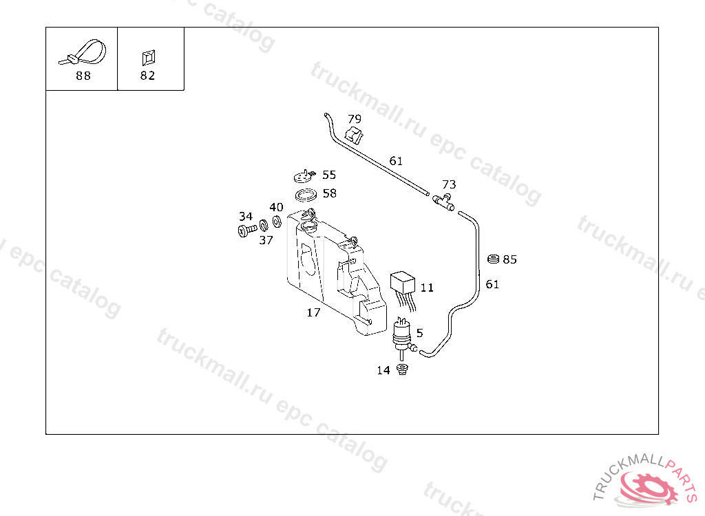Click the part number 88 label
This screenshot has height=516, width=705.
83,76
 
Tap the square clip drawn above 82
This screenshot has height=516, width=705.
148,56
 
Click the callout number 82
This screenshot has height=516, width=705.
147,76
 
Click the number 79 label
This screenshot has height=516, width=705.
354,118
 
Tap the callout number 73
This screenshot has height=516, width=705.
449,184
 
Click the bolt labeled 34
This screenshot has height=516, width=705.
246,230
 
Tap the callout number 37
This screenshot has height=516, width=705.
266,240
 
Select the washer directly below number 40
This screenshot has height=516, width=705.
277,221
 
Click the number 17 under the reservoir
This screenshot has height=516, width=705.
313,312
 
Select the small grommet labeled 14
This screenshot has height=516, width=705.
403,372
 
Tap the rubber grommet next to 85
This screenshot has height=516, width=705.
493,259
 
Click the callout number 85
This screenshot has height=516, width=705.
509,259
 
